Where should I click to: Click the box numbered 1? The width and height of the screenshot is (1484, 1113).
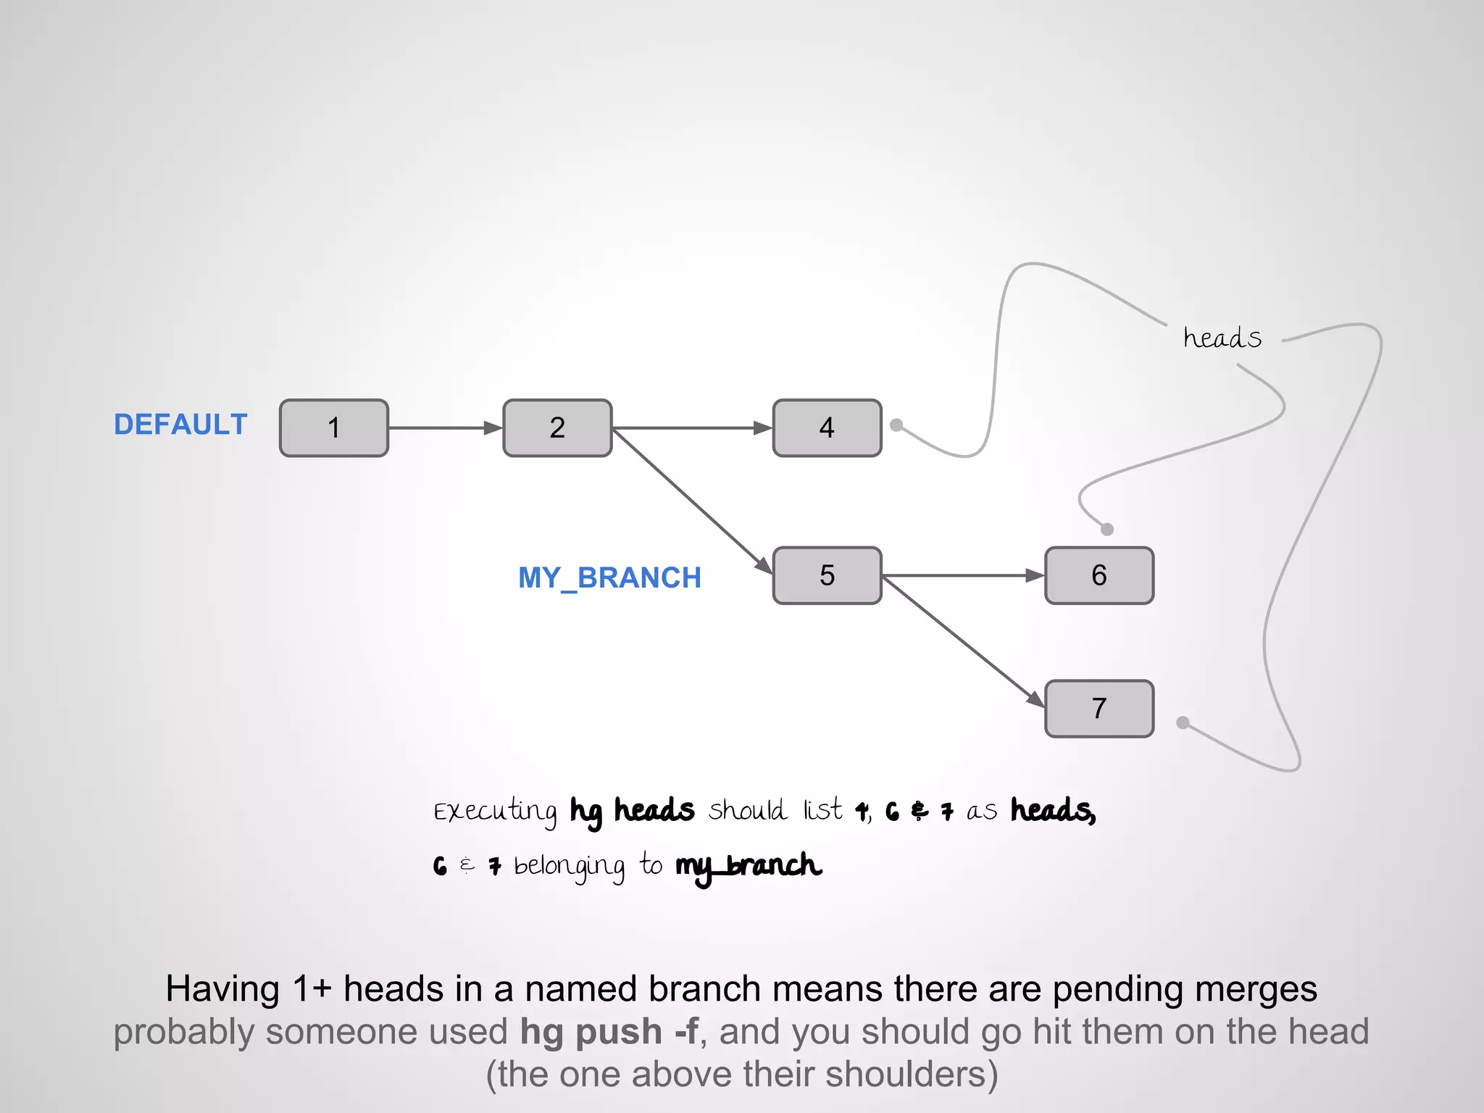point(334,428)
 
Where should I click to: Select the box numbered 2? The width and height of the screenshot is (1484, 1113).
point(557,428)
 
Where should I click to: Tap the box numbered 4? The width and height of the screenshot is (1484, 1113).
point(827,428)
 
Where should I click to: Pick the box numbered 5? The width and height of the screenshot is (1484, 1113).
point(827,575)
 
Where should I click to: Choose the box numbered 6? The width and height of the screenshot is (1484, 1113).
point(1099,575)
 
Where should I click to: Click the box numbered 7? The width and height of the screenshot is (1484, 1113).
point(1099,708)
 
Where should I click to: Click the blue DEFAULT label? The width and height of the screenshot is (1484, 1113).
point(180,425)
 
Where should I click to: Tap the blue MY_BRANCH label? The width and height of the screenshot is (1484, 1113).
point(609,578)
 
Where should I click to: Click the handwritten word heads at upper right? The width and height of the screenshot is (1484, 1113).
point(1222,338)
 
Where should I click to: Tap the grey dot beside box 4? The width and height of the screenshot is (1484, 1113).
point(896,425)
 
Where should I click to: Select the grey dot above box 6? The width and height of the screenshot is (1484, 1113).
point(1106,529)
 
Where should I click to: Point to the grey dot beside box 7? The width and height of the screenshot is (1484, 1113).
point(1183,722)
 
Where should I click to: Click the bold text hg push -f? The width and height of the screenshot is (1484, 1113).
point(609,1031)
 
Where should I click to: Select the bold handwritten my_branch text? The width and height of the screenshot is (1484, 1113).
point(748,866)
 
